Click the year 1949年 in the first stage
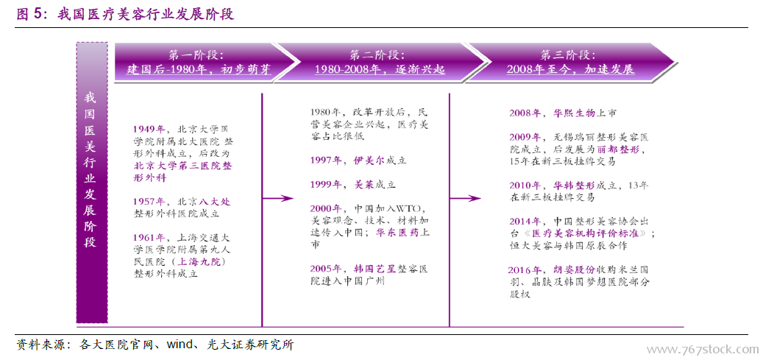click(149, 130)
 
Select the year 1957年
click(149, 202)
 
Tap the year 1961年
click(149, 238)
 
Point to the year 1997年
click(327, 160)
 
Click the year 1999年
click(327, 185)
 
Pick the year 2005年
click(327, 269)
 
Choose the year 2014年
click(525, 221)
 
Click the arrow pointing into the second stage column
click(278, 198)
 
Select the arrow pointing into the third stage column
click(465, 198)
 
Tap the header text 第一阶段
click(196, 54)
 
